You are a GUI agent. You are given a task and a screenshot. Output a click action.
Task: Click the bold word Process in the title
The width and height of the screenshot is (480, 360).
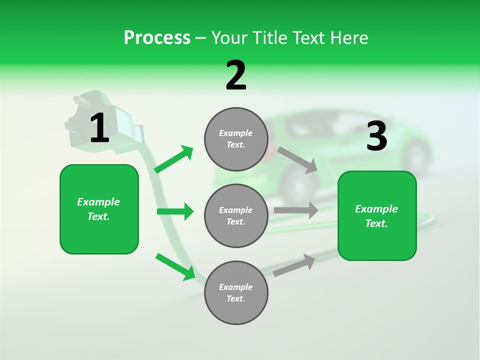[157, 38]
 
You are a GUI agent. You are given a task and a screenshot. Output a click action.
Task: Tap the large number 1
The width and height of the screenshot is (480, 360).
[99, 128]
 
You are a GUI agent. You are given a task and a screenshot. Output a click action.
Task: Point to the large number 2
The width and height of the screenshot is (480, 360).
[236, 75]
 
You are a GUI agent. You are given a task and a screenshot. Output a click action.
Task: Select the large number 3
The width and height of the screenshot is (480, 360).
[376, 136]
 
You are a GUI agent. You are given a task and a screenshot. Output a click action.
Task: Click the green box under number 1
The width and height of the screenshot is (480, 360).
[99, 209]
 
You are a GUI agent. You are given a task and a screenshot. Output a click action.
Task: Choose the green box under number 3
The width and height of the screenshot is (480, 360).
[377, 215]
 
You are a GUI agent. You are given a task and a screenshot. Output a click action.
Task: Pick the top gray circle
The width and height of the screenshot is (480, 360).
[236, 139]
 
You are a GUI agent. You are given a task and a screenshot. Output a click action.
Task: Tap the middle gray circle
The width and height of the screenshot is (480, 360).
[236, 215]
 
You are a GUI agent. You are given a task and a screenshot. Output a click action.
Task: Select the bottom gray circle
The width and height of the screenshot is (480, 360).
[236, 292]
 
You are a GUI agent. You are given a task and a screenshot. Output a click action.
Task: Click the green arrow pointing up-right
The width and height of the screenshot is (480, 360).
[174, 159]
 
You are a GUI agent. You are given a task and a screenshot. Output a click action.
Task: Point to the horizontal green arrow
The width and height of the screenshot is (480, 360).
[175, 211]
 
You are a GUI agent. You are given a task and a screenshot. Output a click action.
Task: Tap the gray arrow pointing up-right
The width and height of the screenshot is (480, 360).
[294, 265]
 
